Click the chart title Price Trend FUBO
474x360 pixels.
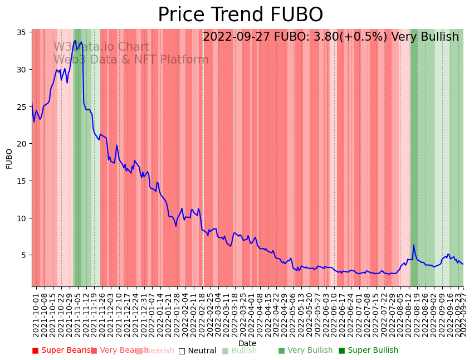(240, 15)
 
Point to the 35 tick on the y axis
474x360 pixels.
(23, 32)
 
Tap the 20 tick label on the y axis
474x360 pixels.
(23, 144)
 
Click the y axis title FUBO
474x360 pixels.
(9, 158)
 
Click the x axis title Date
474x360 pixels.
(247, 343)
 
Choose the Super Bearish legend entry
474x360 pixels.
(63, 351)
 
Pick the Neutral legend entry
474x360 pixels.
(197, 351)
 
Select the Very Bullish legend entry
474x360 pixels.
(305, 351)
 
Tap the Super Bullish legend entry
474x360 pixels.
(368, 351)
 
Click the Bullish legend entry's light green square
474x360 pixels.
(225, 351)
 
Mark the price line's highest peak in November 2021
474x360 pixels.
(75, 40)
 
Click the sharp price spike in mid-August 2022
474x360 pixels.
(413, 245)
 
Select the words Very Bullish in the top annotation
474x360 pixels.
(425, 37)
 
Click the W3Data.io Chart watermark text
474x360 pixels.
(101, 47)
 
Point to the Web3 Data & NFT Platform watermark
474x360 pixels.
(131, 60)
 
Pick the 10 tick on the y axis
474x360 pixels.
(23, 218)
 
